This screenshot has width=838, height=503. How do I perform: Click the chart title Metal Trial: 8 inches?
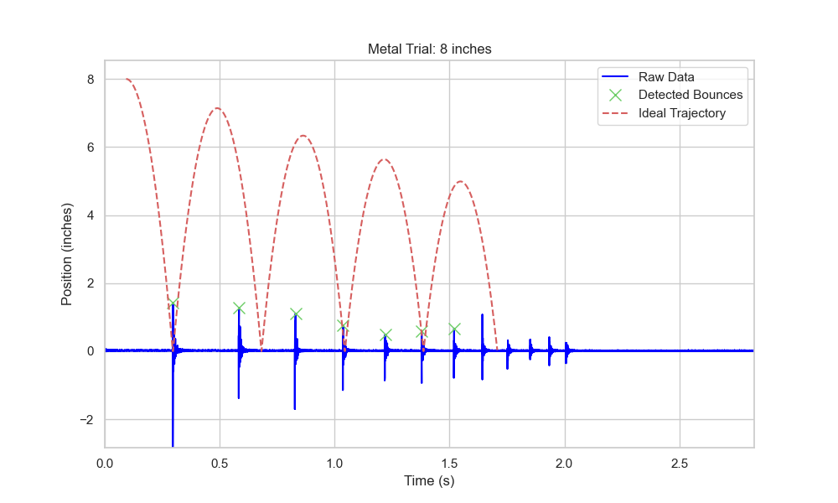(429, 49)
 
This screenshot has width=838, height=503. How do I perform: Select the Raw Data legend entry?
(666, 77)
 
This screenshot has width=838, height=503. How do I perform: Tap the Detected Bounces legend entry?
(690, 95)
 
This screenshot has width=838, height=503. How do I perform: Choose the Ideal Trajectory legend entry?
(681, 113)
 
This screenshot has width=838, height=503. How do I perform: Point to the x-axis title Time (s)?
(429, 480)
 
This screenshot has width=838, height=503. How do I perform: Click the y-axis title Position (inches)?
(66, 254)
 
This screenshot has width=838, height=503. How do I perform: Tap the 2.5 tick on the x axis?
(680, 463)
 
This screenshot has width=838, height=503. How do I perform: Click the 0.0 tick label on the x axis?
(105, 463)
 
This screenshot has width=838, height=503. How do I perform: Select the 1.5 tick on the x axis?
(450, 463)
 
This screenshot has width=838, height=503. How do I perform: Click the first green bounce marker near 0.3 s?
(173, 304)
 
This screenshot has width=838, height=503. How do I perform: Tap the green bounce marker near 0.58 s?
(239, 309)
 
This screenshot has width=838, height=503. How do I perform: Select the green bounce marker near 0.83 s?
(296, 314)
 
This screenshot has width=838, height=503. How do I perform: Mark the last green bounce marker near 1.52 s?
(454, 329)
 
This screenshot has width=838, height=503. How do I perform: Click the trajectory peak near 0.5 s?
(217, 108)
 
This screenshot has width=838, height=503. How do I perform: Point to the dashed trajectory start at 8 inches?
(127, 80)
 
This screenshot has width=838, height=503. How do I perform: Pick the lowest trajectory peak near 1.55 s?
(460, 182)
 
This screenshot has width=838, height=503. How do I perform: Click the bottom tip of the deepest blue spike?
(173, 446)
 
